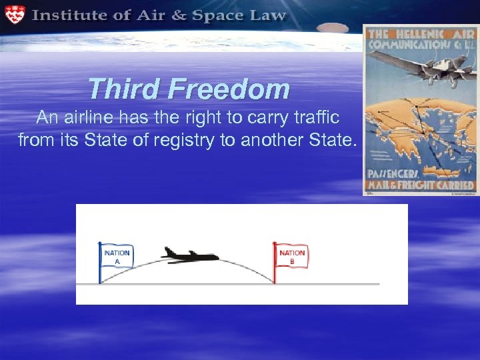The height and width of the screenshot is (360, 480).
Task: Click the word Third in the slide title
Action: coord(124,89)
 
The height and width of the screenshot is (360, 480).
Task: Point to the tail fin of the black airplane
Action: coord(167,251)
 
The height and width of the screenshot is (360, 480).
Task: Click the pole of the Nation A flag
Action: coord(100,267)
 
